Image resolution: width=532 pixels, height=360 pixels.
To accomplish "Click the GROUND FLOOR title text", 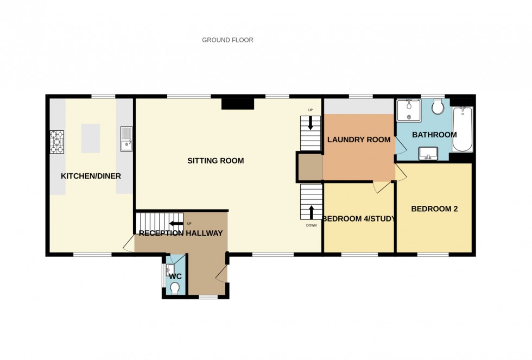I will click(x=227, y=40).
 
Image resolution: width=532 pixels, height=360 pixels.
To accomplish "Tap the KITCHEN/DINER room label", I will click(x=91, y=176).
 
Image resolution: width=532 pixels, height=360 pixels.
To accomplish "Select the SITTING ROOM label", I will click(x=216, y=161).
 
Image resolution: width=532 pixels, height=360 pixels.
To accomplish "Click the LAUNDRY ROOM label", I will click(x=358, y=140).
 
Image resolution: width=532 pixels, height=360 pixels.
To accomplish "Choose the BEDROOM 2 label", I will click(x=434, y=209).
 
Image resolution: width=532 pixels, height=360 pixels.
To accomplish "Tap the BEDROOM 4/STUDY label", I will click(x=358, y=219).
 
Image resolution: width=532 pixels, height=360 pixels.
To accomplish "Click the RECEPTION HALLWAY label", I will click(x=181, y=233).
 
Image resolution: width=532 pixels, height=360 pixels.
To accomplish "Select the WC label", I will click(x=175, y=276).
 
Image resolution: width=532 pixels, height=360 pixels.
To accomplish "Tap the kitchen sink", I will click(x=125, y=138).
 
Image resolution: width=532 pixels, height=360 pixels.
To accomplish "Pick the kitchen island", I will click(x=91, y=137).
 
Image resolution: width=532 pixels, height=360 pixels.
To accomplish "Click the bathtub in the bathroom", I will click(x=463, y=129).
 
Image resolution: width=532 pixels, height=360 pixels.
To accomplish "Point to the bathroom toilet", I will click(x=438, y=106).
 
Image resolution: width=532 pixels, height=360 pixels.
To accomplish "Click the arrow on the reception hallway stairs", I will click(x=176, y=223).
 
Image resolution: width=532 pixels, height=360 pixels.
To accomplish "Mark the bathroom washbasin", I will click(x=429, y=154).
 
